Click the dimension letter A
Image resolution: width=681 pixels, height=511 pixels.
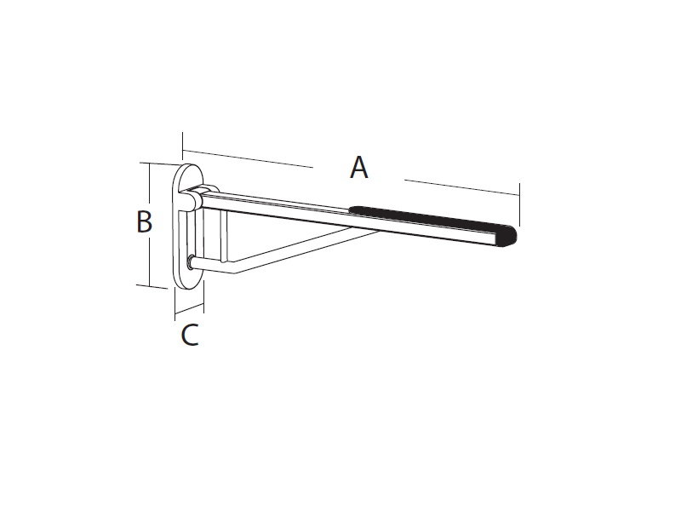tap(359, 167)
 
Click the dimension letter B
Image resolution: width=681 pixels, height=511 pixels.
tap(144, 221)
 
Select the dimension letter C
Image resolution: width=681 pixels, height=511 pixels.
tap(190, 335)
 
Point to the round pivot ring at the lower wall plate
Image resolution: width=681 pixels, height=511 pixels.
tap(190, 262)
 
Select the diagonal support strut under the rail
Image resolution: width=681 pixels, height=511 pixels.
tap(306, 250)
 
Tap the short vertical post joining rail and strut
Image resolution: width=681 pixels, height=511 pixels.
tap(224, 236)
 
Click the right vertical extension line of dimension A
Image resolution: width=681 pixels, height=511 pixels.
tap(519, 204)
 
